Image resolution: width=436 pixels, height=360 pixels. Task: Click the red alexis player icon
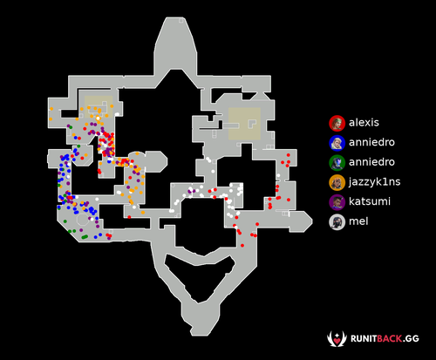tap(337, 123)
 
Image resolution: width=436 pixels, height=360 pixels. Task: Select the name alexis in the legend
tap(364, 123)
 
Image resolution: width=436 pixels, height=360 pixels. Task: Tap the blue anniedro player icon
tap(337, 143)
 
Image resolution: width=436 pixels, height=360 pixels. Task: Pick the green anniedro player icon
tap(337, 163)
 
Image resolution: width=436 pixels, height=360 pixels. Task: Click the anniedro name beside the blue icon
tap(371, 142)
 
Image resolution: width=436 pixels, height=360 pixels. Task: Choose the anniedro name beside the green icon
tap(371, 162)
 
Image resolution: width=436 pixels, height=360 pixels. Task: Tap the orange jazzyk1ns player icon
tap(337, 182)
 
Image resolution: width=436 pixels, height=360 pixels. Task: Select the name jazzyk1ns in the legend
tap(375, 182)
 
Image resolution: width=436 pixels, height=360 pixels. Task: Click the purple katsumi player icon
tap(337, 202)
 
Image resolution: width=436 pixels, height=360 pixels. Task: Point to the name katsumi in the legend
tap(370, 201)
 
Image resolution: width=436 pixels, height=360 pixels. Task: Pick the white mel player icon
tap(337, 222)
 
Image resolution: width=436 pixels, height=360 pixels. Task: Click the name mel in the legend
tap(358, 221)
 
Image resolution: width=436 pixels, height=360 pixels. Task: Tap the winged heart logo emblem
tap(337, 339)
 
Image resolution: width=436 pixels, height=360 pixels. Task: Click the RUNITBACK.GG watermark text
tap(385, 339)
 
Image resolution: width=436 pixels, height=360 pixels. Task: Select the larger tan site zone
tap(244, 124)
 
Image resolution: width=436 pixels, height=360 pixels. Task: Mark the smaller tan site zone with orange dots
tap(99, 106)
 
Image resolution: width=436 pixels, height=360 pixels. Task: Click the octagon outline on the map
tap(84, 220)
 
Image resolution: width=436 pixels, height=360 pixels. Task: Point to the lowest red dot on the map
tap(242, 246)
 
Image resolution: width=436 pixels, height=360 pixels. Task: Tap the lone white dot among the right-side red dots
tap(278, 175)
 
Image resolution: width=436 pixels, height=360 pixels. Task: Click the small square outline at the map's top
tap(181, 20)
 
